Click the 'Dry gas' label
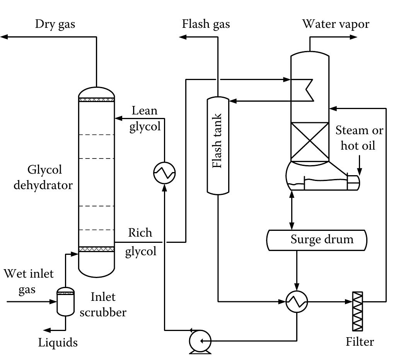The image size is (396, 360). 55,24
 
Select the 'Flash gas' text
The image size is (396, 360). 206,24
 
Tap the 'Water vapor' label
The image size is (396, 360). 335,24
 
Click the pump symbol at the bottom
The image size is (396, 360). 200,341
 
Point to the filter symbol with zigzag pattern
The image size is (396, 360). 358,311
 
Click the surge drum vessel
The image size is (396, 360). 317,240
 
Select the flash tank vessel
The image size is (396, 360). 218,145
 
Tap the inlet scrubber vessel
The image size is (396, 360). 65,301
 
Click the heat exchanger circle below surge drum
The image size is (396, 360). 297,301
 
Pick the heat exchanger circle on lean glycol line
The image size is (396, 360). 164,172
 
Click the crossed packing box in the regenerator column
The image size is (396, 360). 310,142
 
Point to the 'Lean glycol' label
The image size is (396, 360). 145,118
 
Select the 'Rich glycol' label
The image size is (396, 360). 140,242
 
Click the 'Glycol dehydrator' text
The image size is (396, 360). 43,177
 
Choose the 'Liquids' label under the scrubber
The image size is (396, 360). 58,342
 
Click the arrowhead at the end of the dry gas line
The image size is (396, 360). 4,37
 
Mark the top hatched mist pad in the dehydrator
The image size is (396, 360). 97,99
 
